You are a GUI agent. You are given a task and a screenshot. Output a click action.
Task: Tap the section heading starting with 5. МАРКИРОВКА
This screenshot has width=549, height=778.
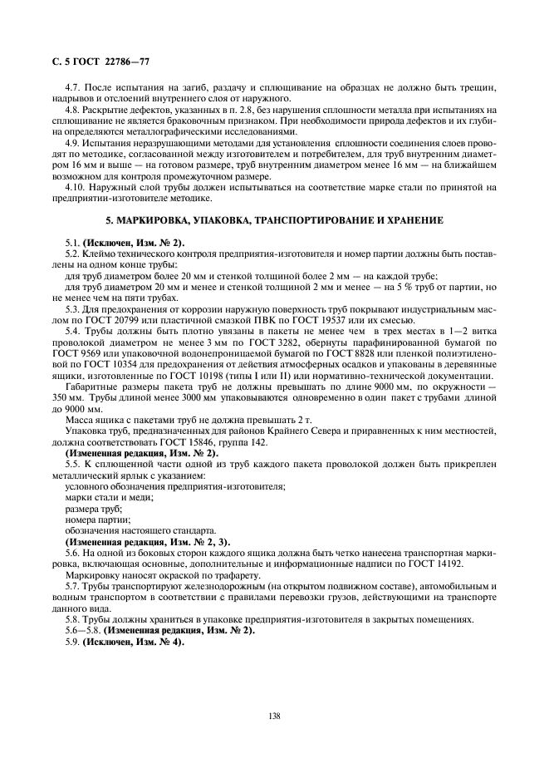[x=273, y=221]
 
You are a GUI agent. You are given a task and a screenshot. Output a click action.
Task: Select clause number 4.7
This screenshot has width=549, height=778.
[x=72, y=87]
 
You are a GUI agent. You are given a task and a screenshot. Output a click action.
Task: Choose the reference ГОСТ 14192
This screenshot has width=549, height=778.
[x=418, y=563]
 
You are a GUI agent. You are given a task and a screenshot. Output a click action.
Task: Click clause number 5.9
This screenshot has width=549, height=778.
[x=71, y=643]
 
